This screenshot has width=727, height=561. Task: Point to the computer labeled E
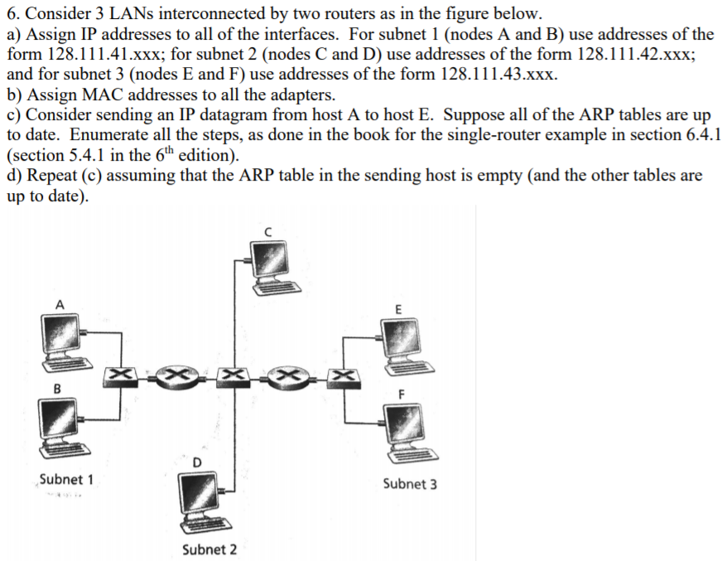pos(401,340)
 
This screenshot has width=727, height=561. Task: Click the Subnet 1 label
pos(66,479)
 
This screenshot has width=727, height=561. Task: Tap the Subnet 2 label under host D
pos(209,549)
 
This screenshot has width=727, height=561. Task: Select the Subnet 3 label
pos(410,484)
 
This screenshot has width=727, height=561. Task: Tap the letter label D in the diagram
pos(197,461)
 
